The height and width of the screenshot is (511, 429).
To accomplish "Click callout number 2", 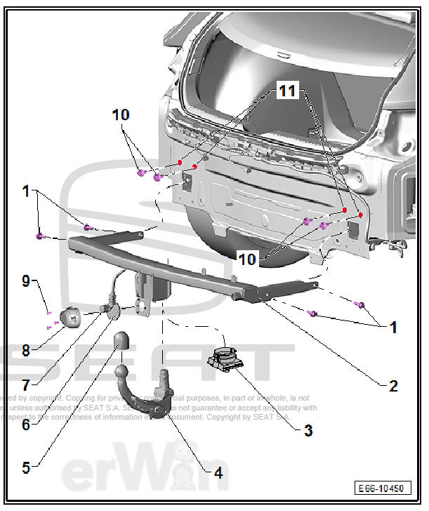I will (393, 386).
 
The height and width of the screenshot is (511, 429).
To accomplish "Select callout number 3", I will (308, 430).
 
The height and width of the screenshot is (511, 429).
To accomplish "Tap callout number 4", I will (218, 473).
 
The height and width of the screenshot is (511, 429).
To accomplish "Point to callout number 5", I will (27, 467).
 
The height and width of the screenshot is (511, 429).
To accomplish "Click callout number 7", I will (26, 385).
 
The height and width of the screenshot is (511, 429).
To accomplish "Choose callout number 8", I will (26, 349).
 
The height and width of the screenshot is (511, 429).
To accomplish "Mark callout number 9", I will (26, 283).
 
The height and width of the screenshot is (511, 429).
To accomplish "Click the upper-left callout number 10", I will (121, 115).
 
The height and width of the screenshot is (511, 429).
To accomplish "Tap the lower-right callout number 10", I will (247, 259).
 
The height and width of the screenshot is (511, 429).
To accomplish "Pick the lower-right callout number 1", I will (393, 328).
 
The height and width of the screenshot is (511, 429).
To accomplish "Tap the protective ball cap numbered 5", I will (120, 343).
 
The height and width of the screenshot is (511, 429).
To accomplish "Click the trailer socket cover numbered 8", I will (72, 318).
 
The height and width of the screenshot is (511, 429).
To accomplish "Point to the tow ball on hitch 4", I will (121, 370).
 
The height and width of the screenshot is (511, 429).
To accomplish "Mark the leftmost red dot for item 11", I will (180, 162).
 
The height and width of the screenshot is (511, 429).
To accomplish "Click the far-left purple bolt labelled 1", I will (41, 235).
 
